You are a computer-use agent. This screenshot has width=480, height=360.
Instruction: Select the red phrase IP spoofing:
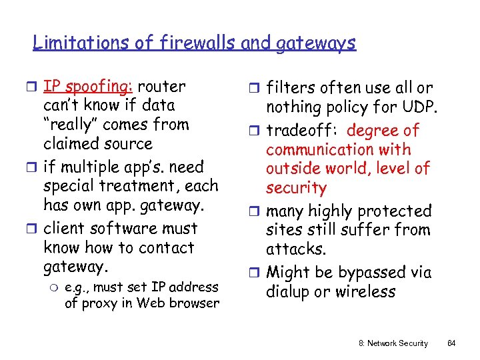(x=87, y=87)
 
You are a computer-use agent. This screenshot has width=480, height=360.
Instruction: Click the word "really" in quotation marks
(x=73, y=125)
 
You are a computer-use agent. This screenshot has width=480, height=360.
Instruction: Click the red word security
(x=296, y=189)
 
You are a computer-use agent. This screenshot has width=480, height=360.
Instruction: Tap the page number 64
(x=451, y=343)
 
